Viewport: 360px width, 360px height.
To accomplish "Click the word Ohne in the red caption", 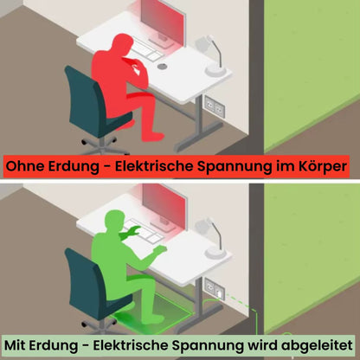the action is (24, 166).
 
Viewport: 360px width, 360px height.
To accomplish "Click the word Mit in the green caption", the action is (15, 345).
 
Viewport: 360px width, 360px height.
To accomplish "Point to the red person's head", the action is (122, 43).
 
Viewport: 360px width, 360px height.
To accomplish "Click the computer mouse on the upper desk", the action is (162, 67).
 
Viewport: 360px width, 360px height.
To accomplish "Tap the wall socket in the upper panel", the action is (215, 106).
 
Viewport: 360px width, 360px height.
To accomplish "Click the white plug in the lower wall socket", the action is (220, 294).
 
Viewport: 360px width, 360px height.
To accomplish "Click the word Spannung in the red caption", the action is (235, 167).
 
